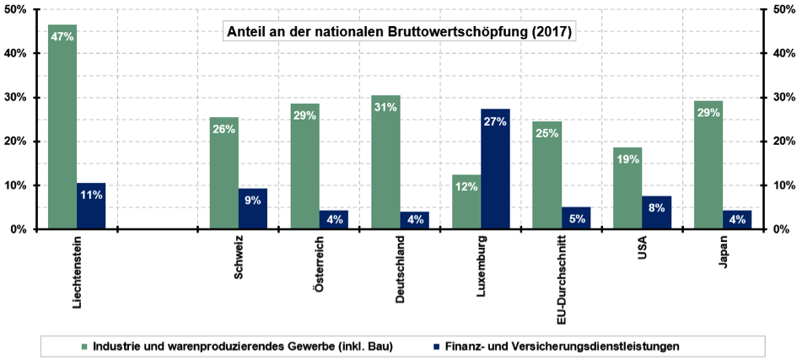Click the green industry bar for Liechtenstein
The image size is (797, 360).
pos(62,126)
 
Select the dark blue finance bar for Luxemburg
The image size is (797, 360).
pos(495,169)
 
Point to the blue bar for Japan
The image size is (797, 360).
pos(737,219)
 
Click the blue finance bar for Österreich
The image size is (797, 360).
pos(333,219)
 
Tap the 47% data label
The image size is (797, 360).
pos(62,36)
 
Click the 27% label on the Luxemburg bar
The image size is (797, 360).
pos(495,121)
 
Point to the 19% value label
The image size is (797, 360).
pos(627,159)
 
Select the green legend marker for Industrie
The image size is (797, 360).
pos(84,346)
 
